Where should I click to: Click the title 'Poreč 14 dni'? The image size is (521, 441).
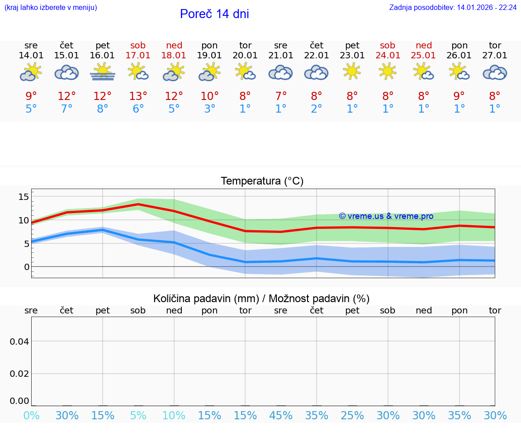(x=214, y=14)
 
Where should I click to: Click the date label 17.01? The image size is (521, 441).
(x=138, y=56)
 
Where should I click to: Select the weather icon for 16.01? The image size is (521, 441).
(x=103, y=72)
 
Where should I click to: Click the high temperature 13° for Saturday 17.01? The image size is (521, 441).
(x=138, y=96)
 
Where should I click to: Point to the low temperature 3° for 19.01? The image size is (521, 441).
(x=209, y=109)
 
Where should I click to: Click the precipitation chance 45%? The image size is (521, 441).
(x=281, y=415)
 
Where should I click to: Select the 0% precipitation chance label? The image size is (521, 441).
(x=31, y=415)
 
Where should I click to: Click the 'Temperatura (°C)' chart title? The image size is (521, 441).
(x=262, y=181)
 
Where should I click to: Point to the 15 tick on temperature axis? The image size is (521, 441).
(x=24, y=197)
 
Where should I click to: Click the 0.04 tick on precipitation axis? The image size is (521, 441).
(x=19, y=341)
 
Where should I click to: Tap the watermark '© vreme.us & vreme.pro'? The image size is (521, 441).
(x=386, y=216)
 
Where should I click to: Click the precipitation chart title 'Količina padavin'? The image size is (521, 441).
(x=261, y=299)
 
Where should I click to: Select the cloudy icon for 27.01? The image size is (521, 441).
(x=495, y=72)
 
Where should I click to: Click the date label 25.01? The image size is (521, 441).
(x=423, y=56)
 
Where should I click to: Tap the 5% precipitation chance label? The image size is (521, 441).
(x=138, y=415)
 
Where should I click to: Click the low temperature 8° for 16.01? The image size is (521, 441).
(x=103, y=109)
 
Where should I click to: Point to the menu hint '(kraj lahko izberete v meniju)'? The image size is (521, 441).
(x=51, y=8)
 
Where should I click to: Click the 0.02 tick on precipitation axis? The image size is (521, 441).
(x=19, y=374)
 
